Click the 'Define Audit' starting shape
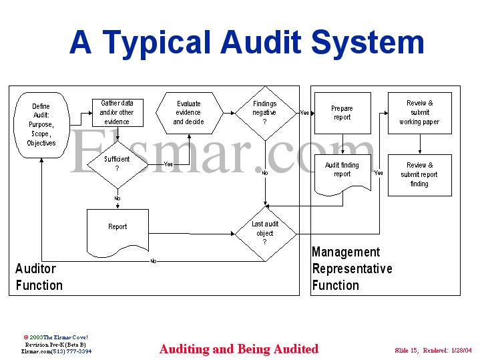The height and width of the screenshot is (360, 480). coord(41,124)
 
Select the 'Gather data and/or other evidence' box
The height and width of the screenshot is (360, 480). coord(117,112)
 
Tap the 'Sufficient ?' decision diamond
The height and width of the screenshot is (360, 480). coord(117,164)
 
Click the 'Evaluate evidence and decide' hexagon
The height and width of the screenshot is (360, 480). coord(188,113)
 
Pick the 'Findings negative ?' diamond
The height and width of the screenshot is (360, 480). coord(264,113)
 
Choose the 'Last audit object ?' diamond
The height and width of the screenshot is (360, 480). coord(264,233)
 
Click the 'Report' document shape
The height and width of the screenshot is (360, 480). coord(117,230)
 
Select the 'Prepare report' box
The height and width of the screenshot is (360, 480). coord(342,113)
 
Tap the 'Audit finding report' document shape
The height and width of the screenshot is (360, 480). coord(342,172)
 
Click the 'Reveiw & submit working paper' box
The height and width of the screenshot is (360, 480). coord(419,113)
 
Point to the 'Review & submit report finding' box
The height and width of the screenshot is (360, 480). coord(419,174)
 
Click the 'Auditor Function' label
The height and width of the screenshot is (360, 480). coord(39,277)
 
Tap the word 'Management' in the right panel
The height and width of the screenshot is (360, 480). coord(346,252)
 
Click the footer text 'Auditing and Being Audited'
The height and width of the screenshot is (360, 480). coord(239,349)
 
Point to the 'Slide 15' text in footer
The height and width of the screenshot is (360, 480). coord(408,350)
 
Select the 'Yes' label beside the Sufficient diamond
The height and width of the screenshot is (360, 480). coord(168,164)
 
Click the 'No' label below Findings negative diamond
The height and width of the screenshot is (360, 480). coord(264,173)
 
